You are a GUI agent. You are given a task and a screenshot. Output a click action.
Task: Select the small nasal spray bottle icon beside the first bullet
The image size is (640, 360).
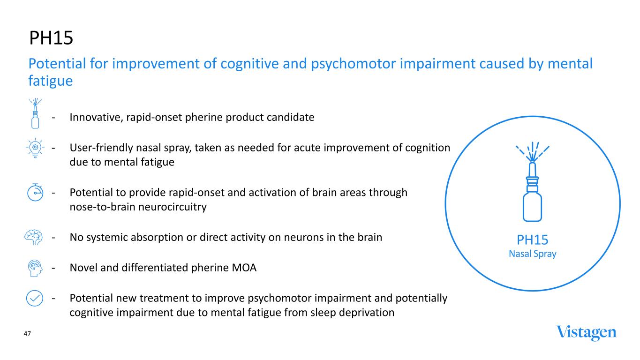tap(35, 114)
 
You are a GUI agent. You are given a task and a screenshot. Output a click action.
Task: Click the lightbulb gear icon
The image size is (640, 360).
tap(35, 148)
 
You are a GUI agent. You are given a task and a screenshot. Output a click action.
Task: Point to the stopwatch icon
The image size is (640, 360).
tap(35, 193)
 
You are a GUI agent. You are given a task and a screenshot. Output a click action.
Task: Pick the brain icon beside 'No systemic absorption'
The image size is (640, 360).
tap(33, 237)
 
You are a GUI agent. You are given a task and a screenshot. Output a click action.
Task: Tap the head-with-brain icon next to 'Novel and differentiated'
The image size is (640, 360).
tap(35, 268)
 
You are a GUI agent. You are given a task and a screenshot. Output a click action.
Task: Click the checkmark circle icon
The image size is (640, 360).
tap(35, 298)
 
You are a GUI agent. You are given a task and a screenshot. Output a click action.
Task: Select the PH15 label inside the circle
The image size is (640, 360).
tap(532, 240)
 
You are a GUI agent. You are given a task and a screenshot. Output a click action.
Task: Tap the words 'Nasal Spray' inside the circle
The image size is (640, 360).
tap(532, 254)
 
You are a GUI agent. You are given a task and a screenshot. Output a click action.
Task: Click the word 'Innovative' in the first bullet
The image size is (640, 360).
tap(94, 117)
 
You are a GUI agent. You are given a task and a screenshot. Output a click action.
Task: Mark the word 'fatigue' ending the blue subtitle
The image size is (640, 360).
tap(51, 81)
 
